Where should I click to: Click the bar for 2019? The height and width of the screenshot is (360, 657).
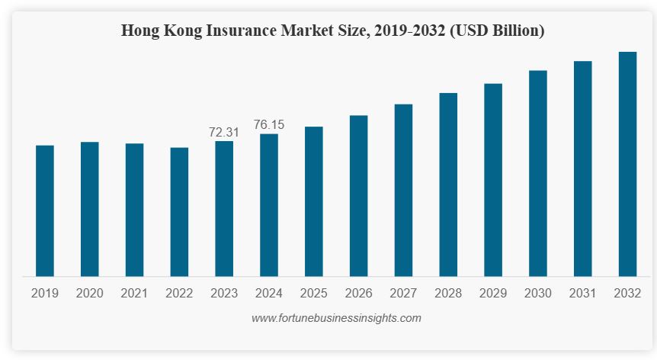45,211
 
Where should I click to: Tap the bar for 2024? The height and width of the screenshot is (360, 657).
269,204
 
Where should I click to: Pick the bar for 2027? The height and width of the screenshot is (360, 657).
403,190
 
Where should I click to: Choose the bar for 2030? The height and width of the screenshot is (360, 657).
538,173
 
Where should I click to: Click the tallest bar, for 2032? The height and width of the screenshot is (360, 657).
627,164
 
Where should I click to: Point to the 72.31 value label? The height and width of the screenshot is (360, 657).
224,132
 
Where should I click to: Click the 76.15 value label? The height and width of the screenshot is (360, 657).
269,124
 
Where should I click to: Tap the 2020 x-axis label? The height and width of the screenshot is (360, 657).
90,293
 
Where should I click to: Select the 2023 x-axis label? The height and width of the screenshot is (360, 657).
224,293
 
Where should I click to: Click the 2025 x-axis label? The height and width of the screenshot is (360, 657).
314,293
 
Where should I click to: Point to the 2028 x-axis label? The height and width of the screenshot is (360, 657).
448,293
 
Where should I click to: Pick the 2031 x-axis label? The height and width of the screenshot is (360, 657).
582,293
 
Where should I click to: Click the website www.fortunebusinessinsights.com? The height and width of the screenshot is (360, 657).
336,317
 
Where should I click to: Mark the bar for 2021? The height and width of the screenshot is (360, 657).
134,210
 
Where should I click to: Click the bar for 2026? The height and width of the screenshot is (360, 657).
358,196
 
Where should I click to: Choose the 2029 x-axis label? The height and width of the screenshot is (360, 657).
493,293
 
